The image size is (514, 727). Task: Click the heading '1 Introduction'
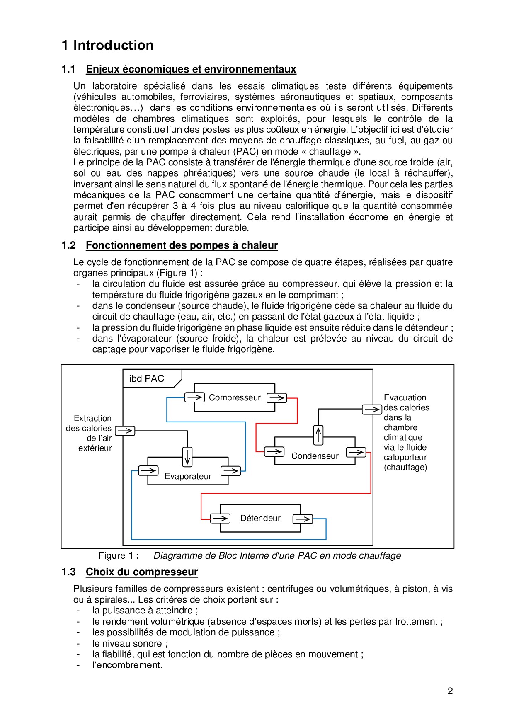[x=107, y=45]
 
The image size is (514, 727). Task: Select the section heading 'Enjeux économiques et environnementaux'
[x=191, y=69]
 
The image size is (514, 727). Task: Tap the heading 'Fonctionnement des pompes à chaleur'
[x=182, y=245]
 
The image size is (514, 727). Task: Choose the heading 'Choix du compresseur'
[x=142, y=572]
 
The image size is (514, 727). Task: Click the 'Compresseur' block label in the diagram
[x=235, y=397]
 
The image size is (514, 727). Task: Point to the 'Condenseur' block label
[x=315, y=456]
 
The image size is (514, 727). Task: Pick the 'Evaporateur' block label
[x=188, y=476]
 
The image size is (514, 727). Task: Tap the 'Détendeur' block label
[x=260, y=518]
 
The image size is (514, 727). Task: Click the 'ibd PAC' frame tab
[x=147, y=378]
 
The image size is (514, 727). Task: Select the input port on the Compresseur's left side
[x=194, y=397]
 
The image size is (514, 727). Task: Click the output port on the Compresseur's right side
[x=276, y=398]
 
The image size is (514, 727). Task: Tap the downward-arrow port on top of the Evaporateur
[x=187, y=456]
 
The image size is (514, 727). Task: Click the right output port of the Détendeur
[x=303, y=519]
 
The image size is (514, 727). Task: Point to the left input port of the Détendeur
[x=220, y=519]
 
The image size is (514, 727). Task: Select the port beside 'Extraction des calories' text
[x=125, y=431]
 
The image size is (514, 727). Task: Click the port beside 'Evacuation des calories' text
[x=372, y=410]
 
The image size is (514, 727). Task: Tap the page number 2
[x=450, y=691]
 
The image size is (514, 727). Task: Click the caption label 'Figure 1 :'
[x=118, y=555]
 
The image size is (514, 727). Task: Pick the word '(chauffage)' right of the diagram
[x=405, y=467]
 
